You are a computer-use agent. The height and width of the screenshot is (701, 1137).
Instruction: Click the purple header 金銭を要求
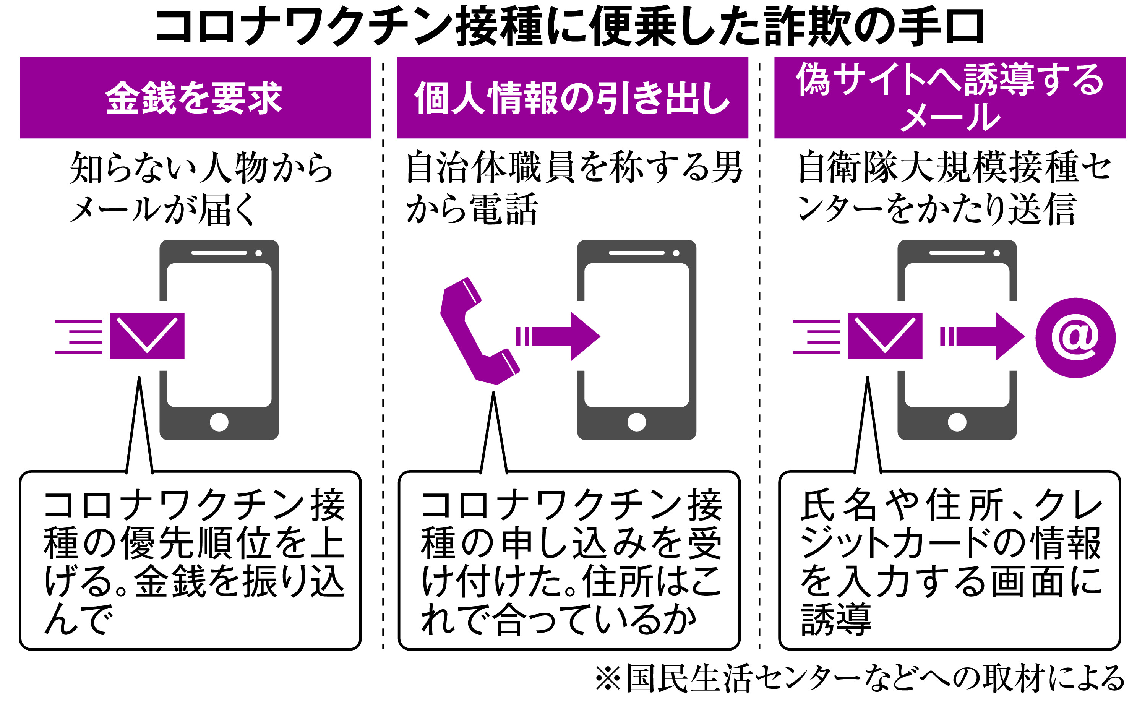click(x=195, y=97)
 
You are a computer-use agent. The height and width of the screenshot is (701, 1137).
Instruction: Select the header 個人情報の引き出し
click(x=573, y=97)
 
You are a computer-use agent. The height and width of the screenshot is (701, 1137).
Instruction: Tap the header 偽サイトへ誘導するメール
click(x=950, y=97)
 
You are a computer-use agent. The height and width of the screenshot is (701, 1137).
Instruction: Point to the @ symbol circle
click(x=1075, y=338)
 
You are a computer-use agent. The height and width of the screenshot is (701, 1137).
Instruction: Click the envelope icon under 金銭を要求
click(x=147, y=336)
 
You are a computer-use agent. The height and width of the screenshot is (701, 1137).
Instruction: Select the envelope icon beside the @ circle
click(x=885, y=336)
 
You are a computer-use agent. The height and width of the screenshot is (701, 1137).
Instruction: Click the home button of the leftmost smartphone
click(x=219, y=422)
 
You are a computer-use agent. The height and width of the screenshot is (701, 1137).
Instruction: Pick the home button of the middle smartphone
click(x=636, y=422)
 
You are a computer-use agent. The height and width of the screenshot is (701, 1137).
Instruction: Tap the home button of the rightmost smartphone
click(x=957, y=422)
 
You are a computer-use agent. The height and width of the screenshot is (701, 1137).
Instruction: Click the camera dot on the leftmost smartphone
click(x=259, y=253)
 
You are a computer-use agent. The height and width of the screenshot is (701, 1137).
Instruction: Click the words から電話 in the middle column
click(x=472, y=209)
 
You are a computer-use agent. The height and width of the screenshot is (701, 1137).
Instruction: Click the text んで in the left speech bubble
click(x=78, y=618)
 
